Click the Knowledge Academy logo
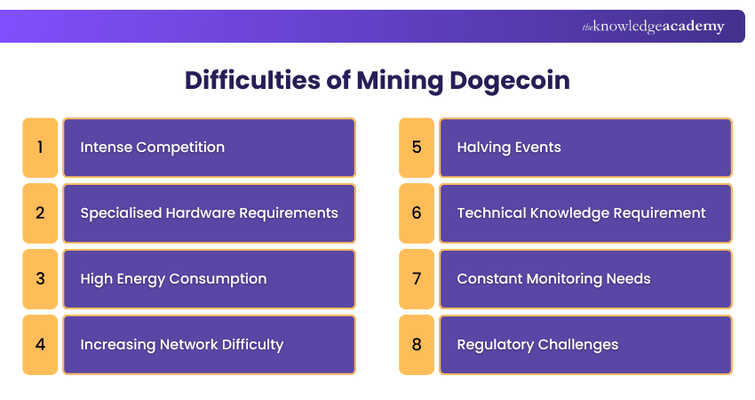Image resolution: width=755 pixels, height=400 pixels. [653, 27]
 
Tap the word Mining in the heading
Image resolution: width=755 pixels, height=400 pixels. [397, 81]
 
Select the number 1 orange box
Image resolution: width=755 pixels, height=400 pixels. [40, 148]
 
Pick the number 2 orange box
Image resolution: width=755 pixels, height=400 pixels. [40, 213]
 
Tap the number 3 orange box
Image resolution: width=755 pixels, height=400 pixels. [40, 279]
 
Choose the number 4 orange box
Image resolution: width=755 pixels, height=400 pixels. [40, 345]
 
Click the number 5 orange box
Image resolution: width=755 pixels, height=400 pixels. [417, 148]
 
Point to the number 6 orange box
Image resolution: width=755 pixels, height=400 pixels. [417, 213]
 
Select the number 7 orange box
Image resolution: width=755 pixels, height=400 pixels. [417, 279]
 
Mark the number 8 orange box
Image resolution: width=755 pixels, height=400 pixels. [417, 345]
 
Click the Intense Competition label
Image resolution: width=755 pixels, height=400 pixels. [152, 148]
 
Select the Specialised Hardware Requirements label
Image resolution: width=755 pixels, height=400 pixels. [209, 213]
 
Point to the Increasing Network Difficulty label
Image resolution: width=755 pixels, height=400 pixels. [181, 345]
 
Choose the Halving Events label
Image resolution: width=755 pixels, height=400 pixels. [509, 148]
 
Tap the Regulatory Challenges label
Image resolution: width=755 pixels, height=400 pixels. [537, 345]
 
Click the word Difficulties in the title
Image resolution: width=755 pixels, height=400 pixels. [248, 81]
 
